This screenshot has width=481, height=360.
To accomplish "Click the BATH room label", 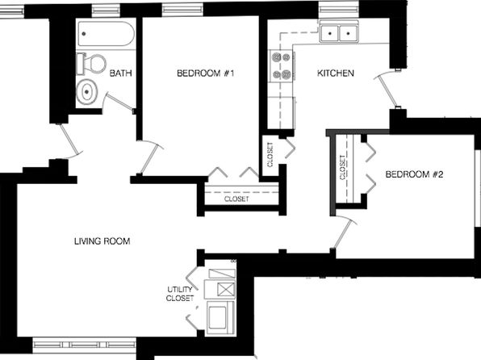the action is tap(120, 73).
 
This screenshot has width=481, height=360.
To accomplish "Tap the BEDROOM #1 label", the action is tap(206, 73).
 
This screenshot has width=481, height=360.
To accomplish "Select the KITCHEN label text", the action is tap(335, 73).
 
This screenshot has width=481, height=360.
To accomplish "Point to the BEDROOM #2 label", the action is tap(414, 174).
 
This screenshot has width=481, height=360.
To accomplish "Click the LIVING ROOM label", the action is tap(102, 241).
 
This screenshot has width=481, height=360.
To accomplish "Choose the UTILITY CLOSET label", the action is tap(180, 294).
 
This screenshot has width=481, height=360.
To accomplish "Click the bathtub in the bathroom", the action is tap(106, 33).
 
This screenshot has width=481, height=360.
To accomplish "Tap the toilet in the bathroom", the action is tap(91, 64).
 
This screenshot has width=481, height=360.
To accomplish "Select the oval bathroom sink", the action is tap(87, 91).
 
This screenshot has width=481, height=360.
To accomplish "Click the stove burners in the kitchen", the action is tap(282, 65).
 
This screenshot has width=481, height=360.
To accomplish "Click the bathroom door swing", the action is tap(117, 100).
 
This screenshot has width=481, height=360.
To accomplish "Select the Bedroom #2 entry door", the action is tap(344, 232).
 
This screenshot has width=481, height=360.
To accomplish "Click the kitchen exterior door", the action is tap(387, 89).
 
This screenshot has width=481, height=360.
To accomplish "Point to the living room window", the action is tap(84, 345).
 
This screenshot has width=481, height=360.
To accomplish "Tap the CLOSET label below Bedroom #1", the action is tap(236, 199).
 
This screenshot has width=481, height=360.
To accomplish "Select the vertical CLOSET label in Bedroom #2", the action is tap(342, 167).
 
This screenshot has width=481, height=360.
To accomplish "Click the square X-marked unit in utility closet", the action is tap(225, 289).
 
